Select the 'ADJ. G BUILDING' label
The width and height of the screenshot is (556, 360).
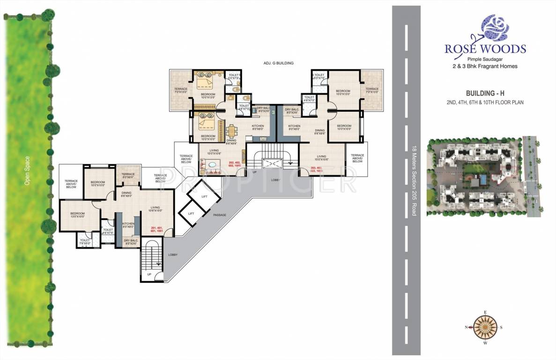pos(278,62)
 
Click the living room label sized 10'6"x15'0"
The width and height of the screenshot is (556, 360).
pos(155,209)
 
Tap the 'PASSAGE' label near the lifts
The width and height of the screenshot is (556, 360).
pos(219,215)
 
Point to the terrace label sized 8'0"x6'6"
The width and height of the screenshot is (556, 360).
pos(128,176)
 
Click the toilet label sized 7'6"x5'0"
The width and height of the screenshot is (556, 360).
pos(85,241)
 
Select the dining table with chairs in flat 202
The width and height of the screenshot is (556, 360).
pos(232,130)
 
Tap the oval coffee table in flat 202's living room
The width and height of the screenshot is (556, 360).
pos(214,165)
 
